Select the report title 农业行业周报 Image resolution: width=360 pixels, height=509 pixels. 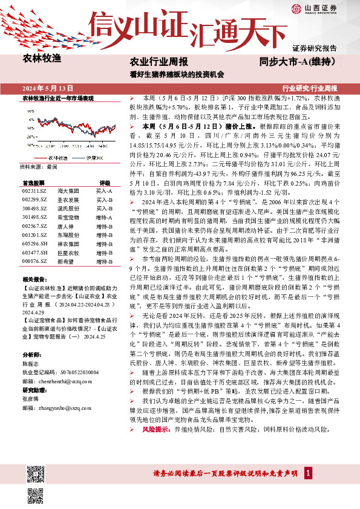click(159, 62)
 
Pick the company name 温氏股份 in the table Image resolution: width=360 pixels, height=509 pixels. click(67, 207)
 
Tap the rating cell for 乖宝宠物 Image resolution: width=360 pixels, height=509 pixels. click(104, 216)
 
